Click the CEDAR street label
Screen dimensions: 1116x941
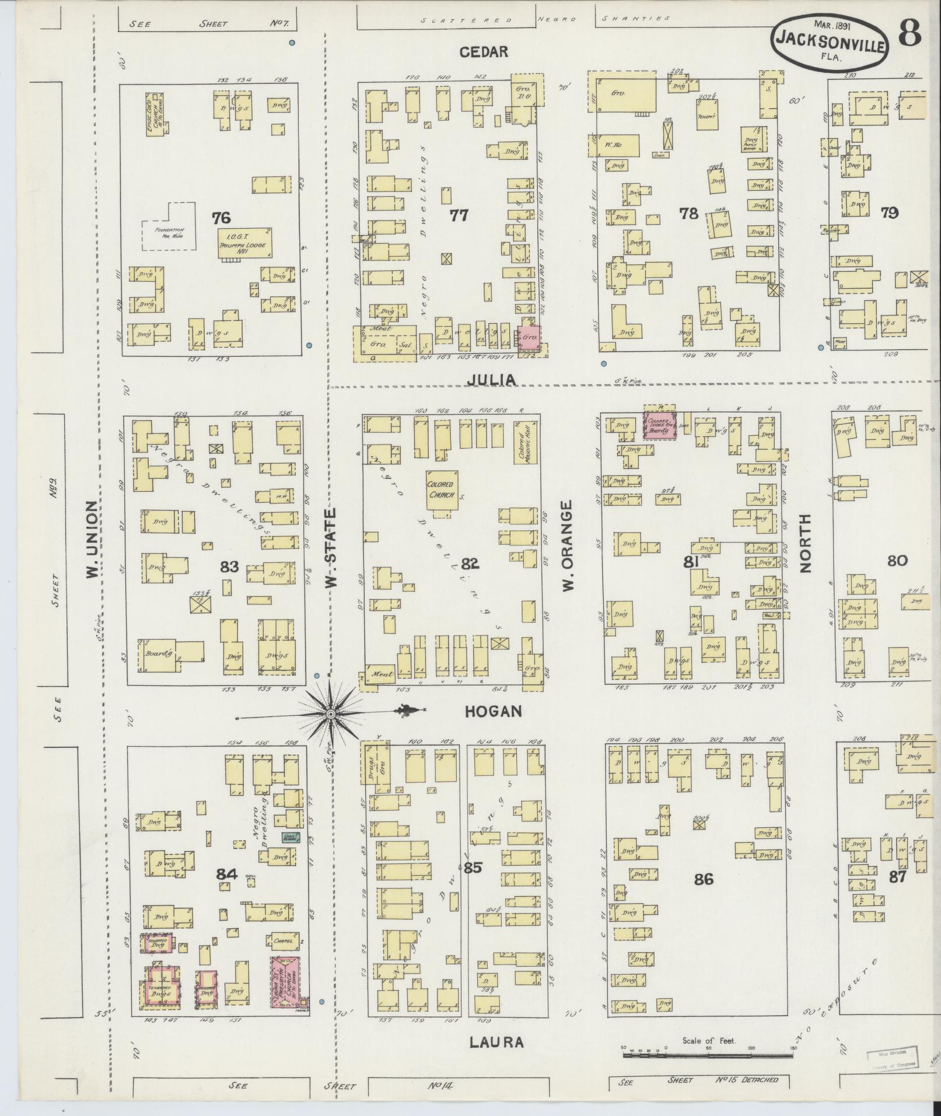pos(484,52)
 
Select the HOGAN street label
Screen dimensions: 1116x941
pos(492,711)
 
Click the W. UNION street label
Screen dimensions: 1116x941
pos(92,541)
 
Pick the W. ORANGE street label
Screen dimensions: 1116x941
pos(569,545)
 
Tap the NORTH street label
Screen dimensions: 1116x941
pos(806,543)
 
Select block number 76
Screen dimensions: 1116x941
pos(221,218)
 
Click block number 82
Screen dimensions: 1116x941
pos(470,564)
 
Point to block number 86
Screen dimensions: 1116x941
pos(704,879)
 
